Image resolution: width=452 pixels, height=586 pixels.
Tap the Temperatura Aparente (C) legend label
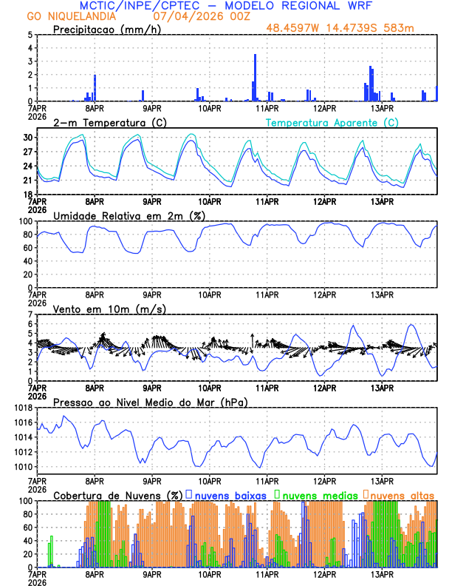pos(332,122)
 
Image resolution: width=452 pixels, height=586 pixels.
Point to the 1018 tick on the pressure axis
pos(23,408)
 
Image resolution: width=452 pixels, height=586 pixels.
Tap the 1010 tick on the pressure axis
pos(23,467)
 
